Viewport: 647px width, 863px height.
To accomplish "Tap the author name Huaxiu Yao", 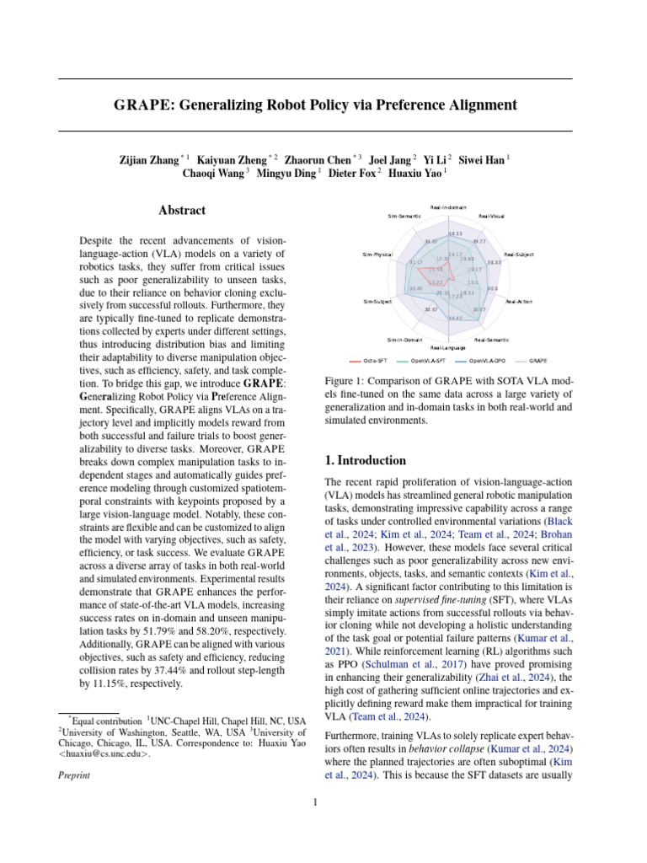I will click(418, 175).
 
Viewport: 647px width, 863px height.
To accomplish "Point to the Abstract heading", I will click(181, 211).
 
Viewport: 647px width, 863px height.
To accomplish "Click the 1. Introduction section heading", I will click(366, 461).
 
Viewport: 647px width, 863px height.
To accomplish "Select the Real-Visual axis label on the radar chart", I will click(491, 217).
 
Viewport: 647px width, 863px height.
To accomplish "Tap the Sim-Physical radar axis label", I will click(377, 254).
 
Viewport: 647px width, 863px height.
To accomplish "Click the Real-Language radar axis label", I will click(447, 347).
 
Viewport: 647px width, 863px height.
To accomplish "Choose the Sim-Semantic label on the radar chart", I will click(404, 217).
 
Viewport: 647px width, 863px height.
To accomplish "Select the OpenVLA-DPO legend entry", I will click(487, 360).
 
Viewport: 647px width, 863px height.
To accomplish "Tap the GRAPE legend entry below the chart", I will click(538, 360).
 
